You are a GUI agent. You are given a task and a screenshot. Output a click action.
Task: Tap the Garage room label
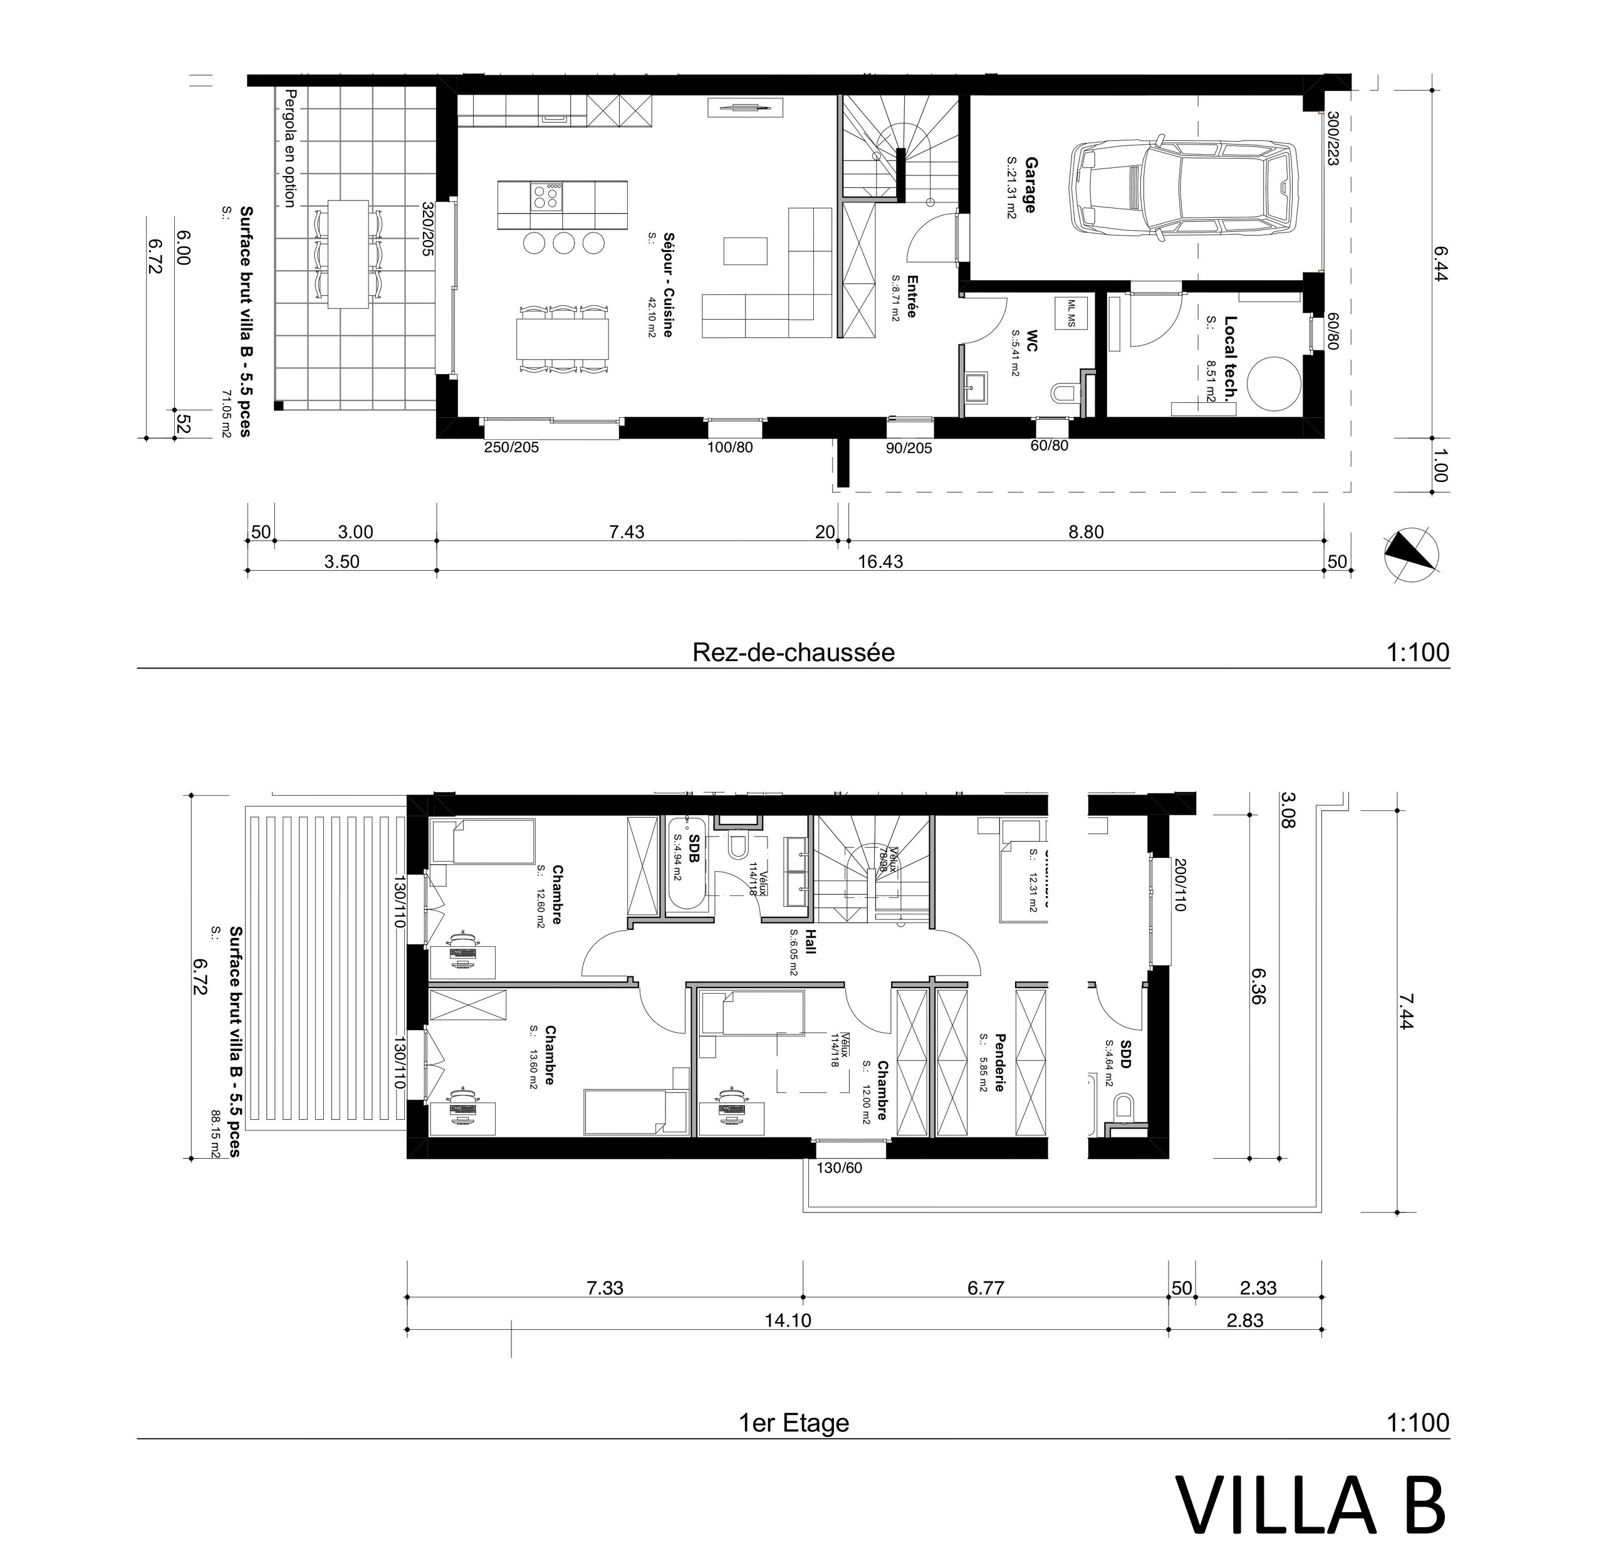[1029, 185]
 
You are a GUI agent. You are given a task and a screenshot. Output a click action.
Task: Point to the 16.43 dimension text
[880, 561]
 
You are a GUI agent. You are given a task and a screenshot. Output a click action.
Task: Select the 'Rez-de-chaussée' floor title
[793, 653]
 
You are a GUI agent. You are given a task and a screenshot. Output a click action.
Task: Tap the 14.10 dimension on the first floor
[787, 1320]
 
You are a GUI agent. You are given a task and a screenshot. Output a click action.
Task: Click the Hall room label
[810, 942]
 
